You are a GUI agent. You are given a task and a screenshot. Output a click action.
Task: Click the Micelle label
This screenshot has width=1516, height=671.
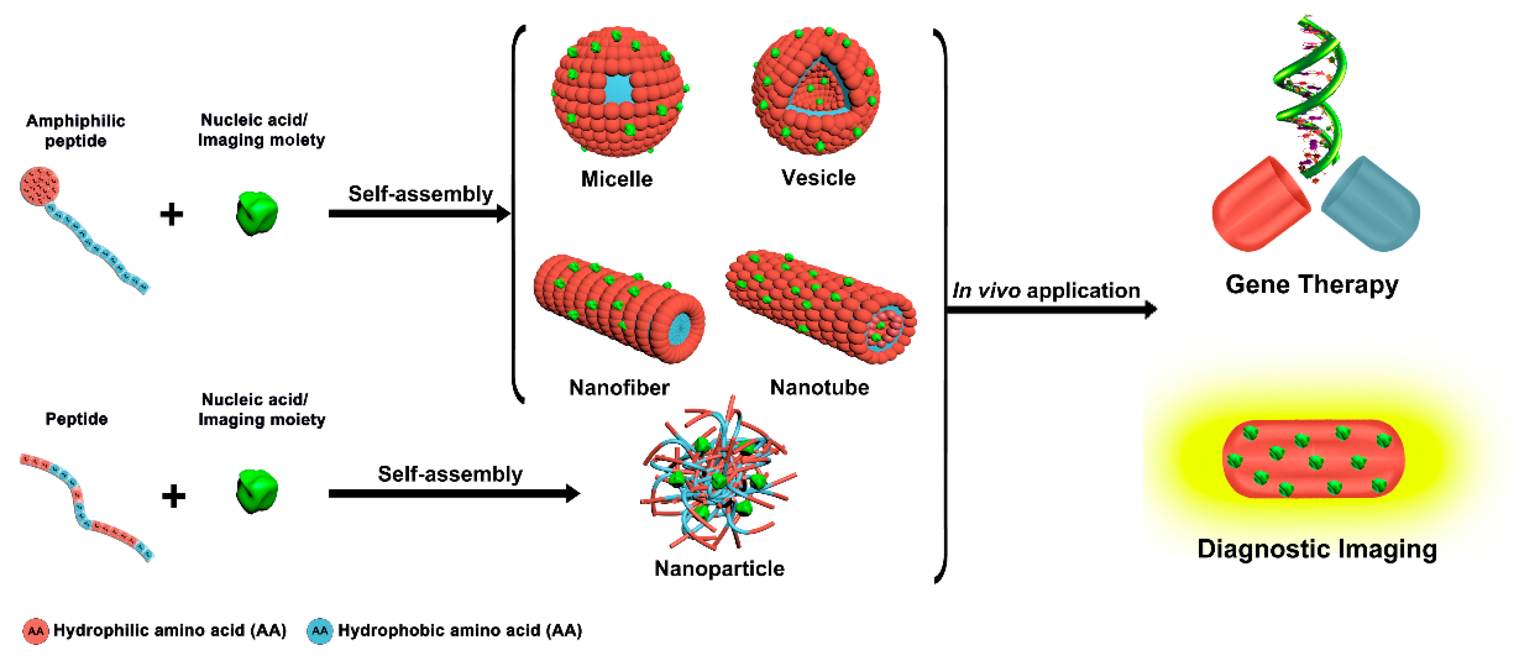[x=617, y=179]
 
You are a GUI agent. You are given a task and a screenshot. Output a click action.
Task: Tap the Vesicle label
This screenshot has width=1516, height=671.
[x=818, y=177]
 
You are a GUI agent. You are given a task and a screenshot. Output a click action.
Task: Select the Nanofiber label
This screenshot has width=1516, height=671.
[x=619, y=388]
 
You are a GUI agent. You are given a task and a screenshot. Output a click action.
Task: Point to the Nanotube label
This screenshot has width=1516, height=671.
[x=819, y=387]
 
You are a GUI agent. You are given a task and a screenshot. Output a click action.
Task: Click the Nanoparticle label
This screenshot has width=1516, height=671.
[x=719, y=568]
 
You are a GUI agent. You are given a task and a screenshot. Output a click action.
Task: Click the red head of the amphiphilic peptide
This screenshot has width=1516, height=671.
[x=39, y=186]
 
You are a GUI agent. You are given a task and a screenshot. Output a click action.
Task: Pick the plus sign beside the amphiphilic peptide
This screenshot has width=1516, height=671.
[x=171, y=214]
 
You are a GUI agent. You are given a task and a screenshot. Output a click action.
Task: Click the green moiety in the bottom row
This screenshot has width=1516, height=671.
[x=256, y=491]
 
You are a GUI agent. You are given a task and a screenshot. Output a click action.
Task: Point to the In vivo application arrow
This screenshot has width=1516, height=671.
[x=1051, y=309]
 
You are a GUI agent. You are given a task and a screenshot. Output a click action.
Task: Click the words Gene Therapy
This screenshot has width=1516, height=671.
[x=1312, y=285]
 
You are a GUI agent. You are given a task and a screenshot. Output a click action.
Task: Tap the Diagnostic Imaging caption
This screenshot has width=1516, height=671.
[x=1317, y=549]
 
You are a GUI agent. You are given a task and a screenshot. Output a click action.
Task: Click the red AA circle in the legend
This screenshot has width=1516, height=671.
[x=35, y=631]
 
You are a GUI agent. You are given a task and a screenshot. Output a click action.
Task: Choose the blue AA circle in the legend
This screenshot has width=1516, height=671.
[x=319, y=631]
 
